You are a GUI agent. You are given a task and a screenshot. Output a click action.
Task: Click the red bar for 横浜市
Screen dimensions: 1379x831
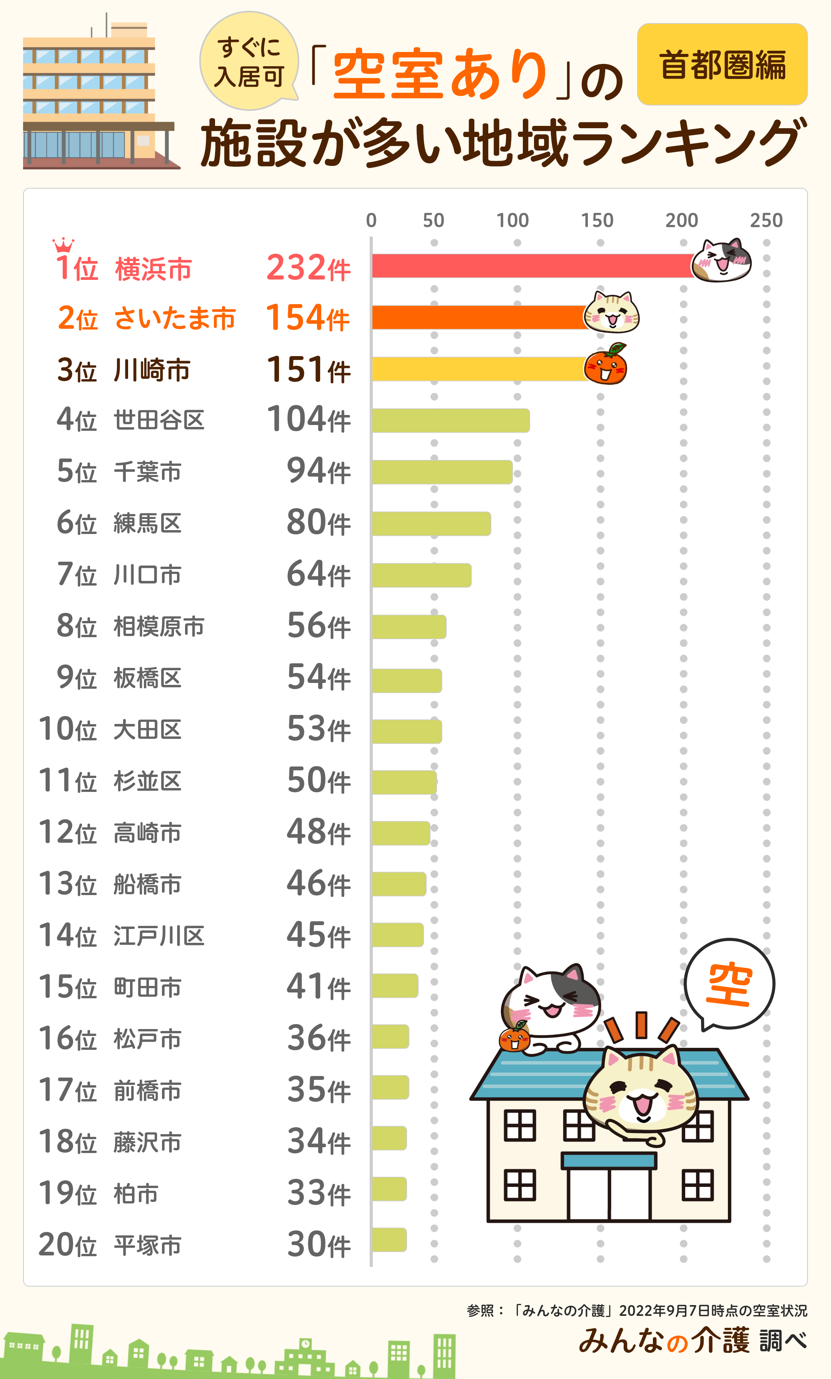click(531, 266)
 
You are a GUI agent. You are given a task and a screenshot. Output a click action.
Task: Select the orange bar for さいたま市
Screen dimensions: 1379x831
click(478, 317)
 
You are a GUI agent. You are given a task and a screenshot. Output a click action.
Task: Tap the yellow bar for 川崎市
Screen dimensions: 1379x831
click(478, 369)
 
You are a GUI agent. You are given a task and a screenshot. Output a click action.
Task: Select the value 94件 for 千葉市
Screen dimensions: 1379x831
click(318, 471)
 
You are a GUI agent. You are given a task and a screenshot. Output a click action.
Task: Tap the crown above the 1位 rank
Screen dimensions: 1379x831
click(63, 245)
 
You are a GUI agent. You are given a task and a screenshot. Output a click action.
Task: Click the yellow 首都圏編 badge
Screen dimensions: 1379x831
click(722, 64)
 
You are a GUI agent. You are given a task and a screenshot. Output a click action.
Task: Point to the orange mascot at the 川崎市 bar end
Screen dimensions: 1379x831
click(606, 365)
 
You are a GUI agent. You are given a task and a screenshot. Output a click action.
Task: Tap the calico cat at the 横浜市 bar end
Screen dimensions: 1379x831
click(722, 260)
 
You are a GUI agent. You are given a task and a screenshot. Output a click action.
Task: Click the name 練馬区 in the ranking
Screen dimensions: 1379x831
click(148, 523)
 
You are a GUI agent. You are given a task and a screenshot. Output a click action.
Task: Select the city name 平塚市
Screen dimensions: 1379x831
click(148, 1246)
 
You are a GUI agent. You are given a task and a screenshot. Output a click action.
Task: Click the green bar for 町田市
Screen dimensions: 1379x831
click(395, 986)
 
